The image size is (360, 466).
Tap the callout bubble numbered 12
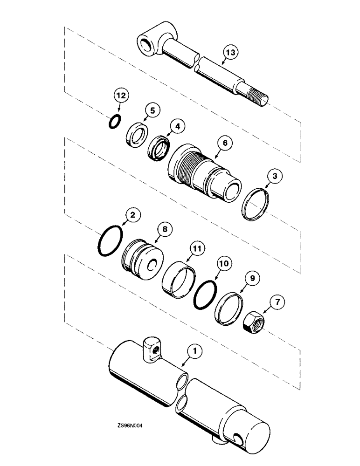(120, 96)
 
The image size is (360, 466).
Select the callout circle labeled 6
(225, 144)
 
